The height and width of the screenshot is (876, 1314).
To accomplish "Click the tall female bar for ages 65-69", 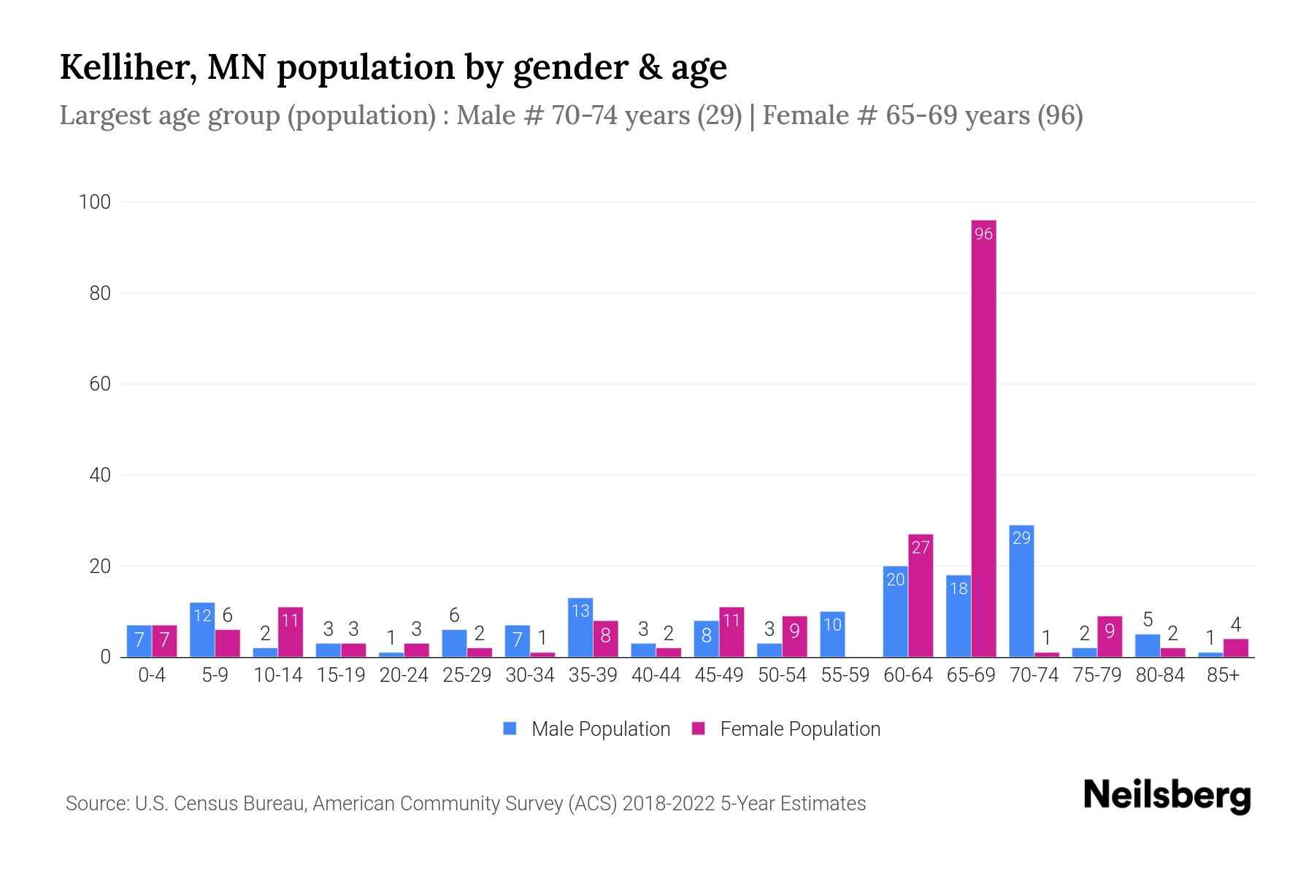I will (x=983, y=438).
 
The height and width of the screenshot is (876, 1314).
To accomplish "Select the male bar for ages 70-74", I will (x=1021, y=591).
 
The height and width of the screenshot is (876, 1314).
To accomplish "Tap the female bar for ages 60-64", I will (x=921, y=596).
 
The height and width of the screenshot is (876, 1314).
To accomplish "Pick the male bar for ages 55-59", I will (x=832, y=634).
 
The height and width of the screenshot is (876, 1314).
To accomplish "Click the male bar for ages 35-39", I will (x=580, y=628).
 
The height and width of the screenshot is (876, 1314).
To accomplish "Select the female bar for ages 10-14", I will (x=291, y=632).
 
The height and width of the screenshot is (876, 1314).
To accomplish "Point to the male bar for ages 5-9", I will (x=202, y=629).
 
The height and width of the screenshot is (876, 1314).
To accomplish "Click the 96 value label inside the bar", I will (x=983, y=234).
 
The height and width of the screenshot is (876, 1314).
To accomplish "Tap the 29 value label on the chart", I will (x=1021, y=538).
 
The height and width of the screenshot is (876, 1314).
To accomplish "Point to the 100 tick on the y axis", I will (x=94, y=202).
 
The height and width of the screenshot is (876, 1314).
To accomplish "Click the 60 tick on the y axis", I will (x=100, y=384).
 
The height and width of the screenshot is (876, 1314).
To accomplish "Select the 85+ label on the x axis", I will (x=1223, y=675).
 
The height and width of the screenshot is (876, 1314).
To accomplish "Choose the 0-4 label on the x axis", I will (x=152, y=675).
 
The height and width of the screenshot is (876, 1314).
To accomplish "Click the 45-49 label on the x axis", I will (x=719, y=675).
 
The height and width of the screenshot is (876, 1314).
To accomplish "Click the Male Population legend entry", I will (x=600, y=729).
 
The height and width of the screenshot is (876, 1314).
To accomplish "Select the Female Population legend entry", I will (x=799, y=729).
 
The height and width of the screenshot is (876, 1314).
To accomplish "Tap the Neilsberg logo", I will (x=1167, y=795).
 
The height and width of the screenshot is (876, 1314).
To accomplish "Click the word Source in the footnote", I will (x=96, y=804).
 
